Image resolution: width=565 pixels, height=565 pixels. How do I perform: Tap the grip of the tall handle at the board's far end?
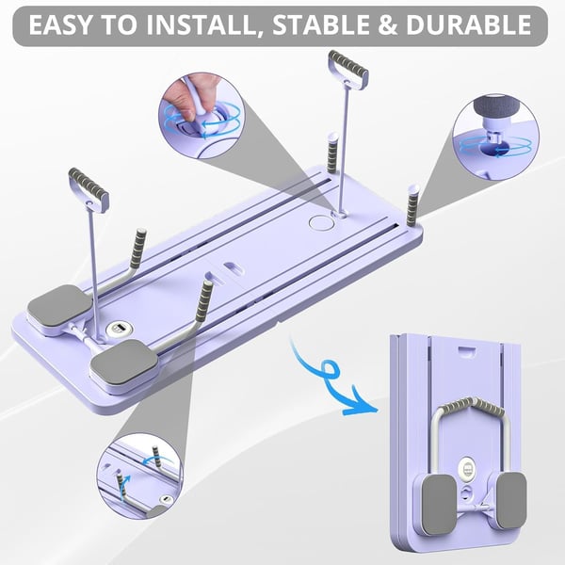(x=347, y=70)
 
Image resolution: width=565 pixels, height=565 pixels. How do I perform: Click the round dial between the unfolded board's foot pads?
(x=118, y=329)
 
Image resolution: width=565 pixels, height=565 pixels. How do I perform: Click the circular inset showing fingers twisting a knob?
(x=200, y=112)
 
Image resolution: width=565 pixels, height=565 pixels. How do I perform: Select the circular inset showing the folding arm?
(x=139, y=476)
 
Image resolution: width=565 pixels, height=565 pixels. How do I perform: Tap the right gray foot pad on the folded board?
(x=508, y=498)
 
